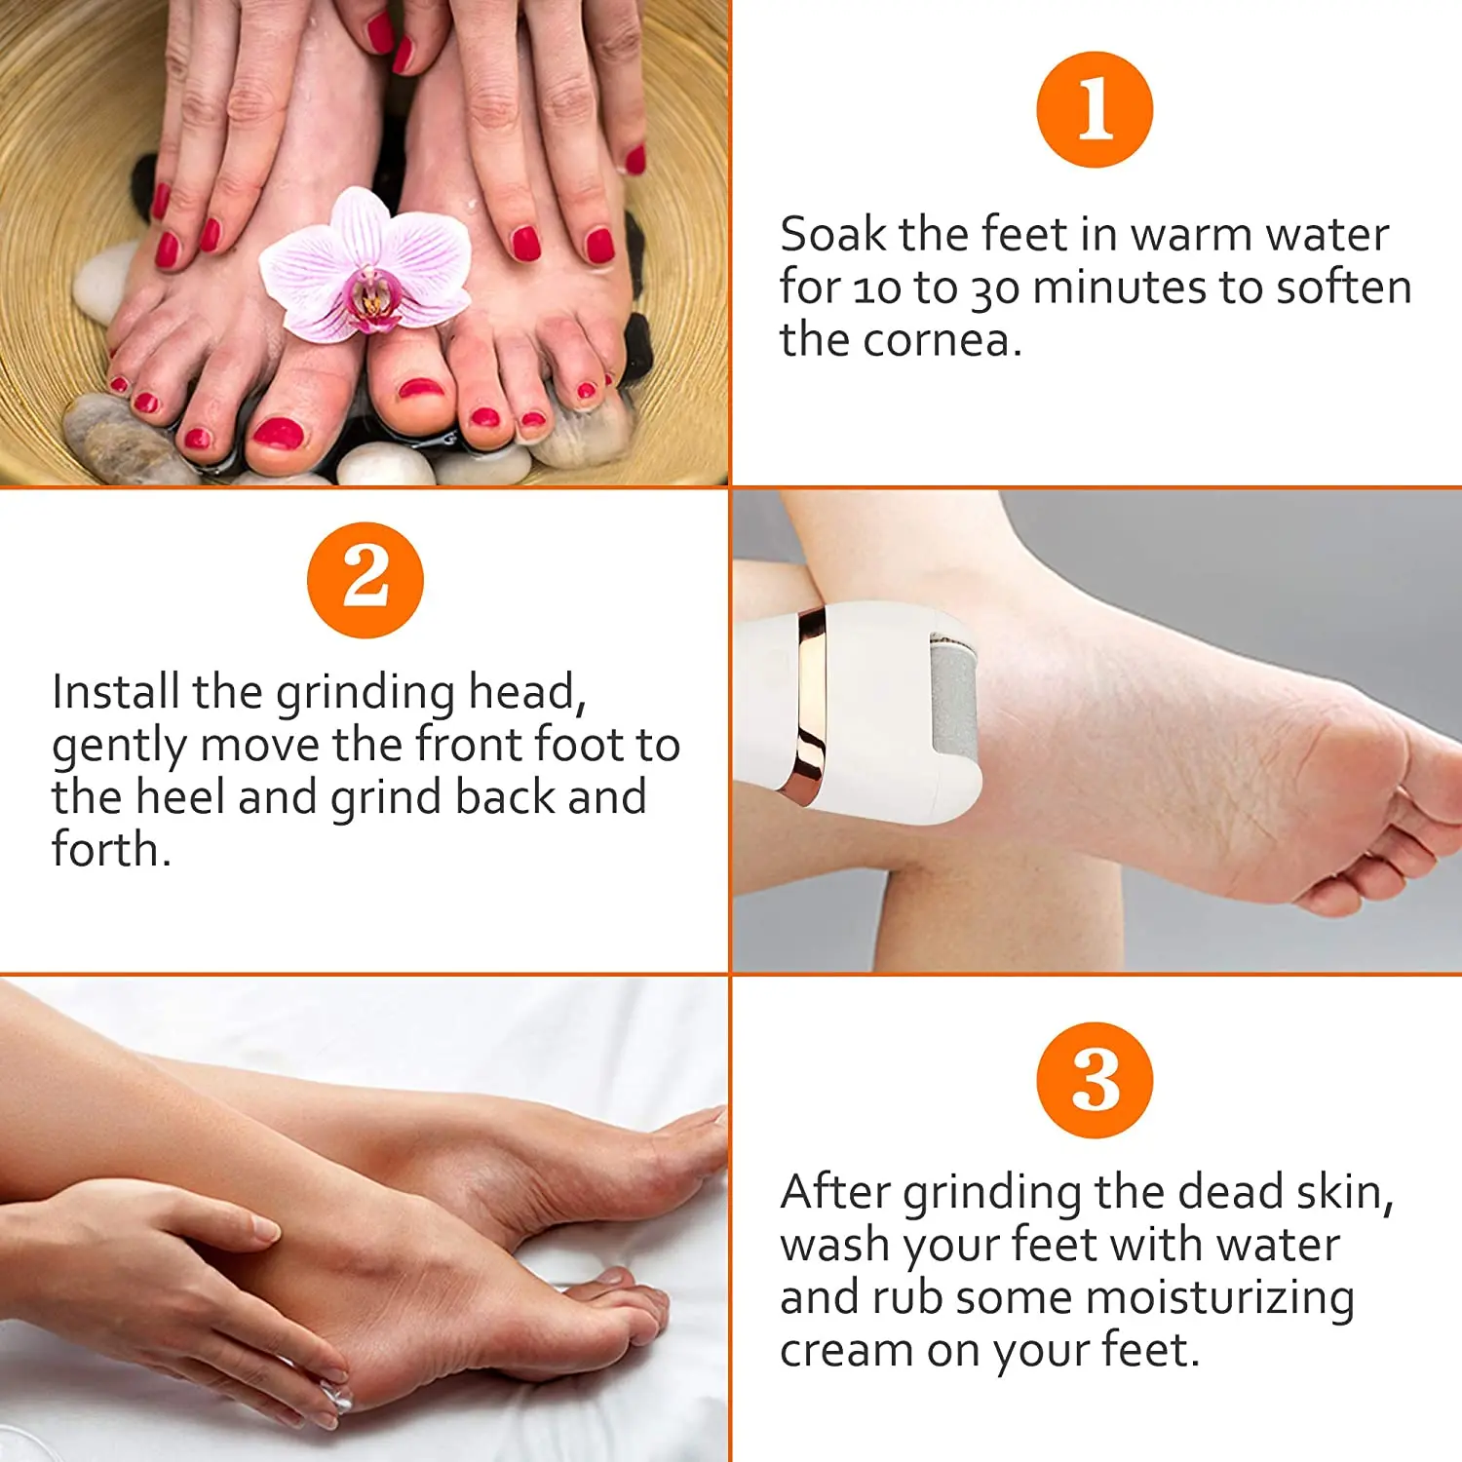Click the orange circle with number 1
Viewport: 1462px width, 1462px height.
point(1095,109)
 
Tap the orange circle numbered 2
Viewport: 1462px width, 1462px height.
point(365,580)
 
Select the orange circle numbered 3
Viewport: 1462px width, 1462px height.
point(1095,1080)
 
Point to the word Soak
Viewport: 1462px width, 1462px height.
point(832,235)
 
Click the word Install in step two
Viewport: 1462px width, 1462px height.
point(116,692)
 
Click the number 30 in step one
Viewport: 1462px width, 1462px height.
point(994,289)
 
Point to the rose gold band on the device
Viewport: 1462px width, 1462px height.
point(810,702)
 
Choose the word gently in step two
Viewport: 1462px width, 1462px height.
point(119,747)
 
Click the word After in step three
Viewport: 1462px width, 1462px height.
point(834,1192)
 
